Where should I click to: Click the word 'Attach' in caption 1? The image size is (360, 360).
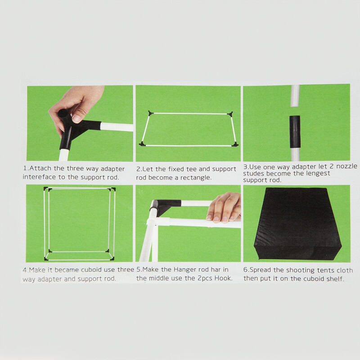tap(40, 168)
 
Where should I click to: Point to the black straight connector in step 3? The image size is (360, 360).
tap(295, 132)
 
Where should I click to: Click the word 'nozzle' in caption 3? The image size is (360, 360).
tap(346, 166)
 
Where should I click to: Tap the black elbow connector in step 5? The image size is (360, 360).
tap(164, 207)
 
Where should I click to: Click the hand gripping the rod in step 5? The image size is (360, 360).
tap(224, 208)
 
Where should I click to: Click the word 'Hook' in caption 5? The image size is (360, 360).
tap(223, 278)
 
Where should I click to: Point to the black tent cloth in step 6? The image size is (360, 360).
tap(297, 224)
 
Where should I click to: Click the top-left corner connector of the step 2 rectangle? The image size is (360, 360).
tap(151, 113)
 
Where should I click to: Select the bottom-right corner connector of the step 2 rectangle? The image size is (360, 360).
tap(235, 144)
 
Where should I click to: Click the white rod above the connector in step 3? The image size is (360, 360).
tap(295, 96)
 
